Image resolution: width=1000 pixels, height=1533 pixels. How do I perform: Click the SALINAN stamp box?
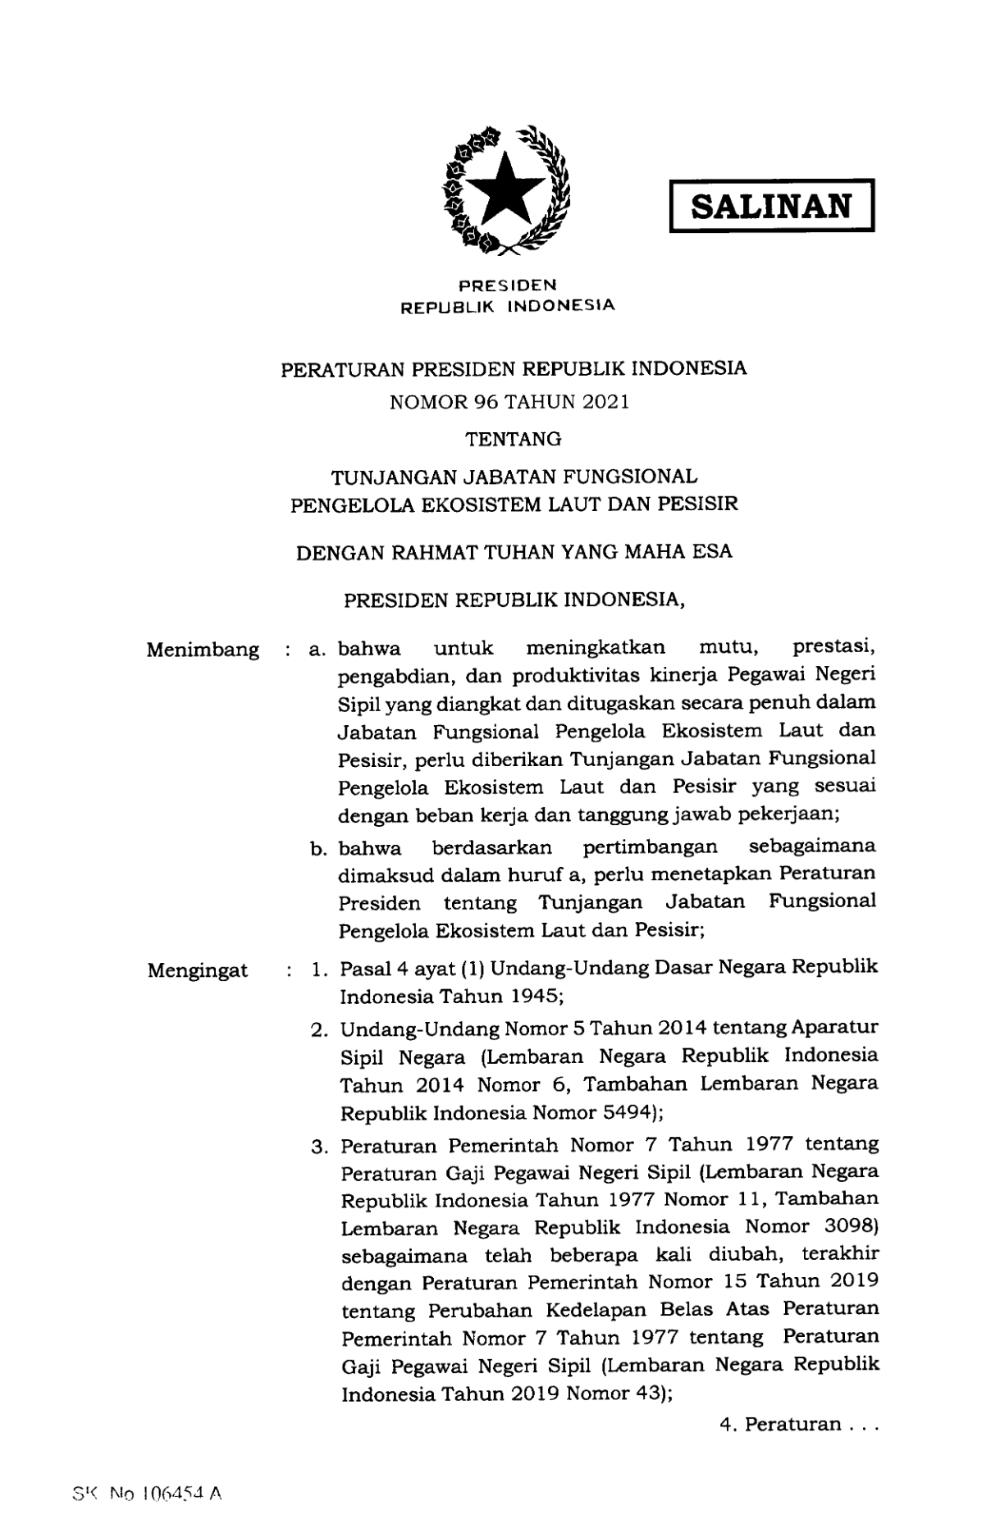tap(771, 206)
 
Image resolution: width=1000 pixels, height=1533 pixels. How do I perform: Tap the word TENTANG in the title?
tap(514, 440)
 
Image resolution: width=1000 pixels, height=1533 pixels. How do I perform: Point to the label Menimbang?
tap(203, 650)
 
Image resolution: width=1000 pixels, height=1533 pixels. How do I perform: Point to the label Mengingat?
tap(198, 971)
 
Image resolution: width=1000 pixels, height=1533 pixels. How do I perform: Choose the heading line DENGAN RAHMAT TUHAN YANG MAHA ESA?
tap(514, 552)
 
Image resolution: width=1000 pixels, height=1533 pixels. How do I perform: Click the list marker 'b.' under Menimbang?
tap(319, 848)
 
